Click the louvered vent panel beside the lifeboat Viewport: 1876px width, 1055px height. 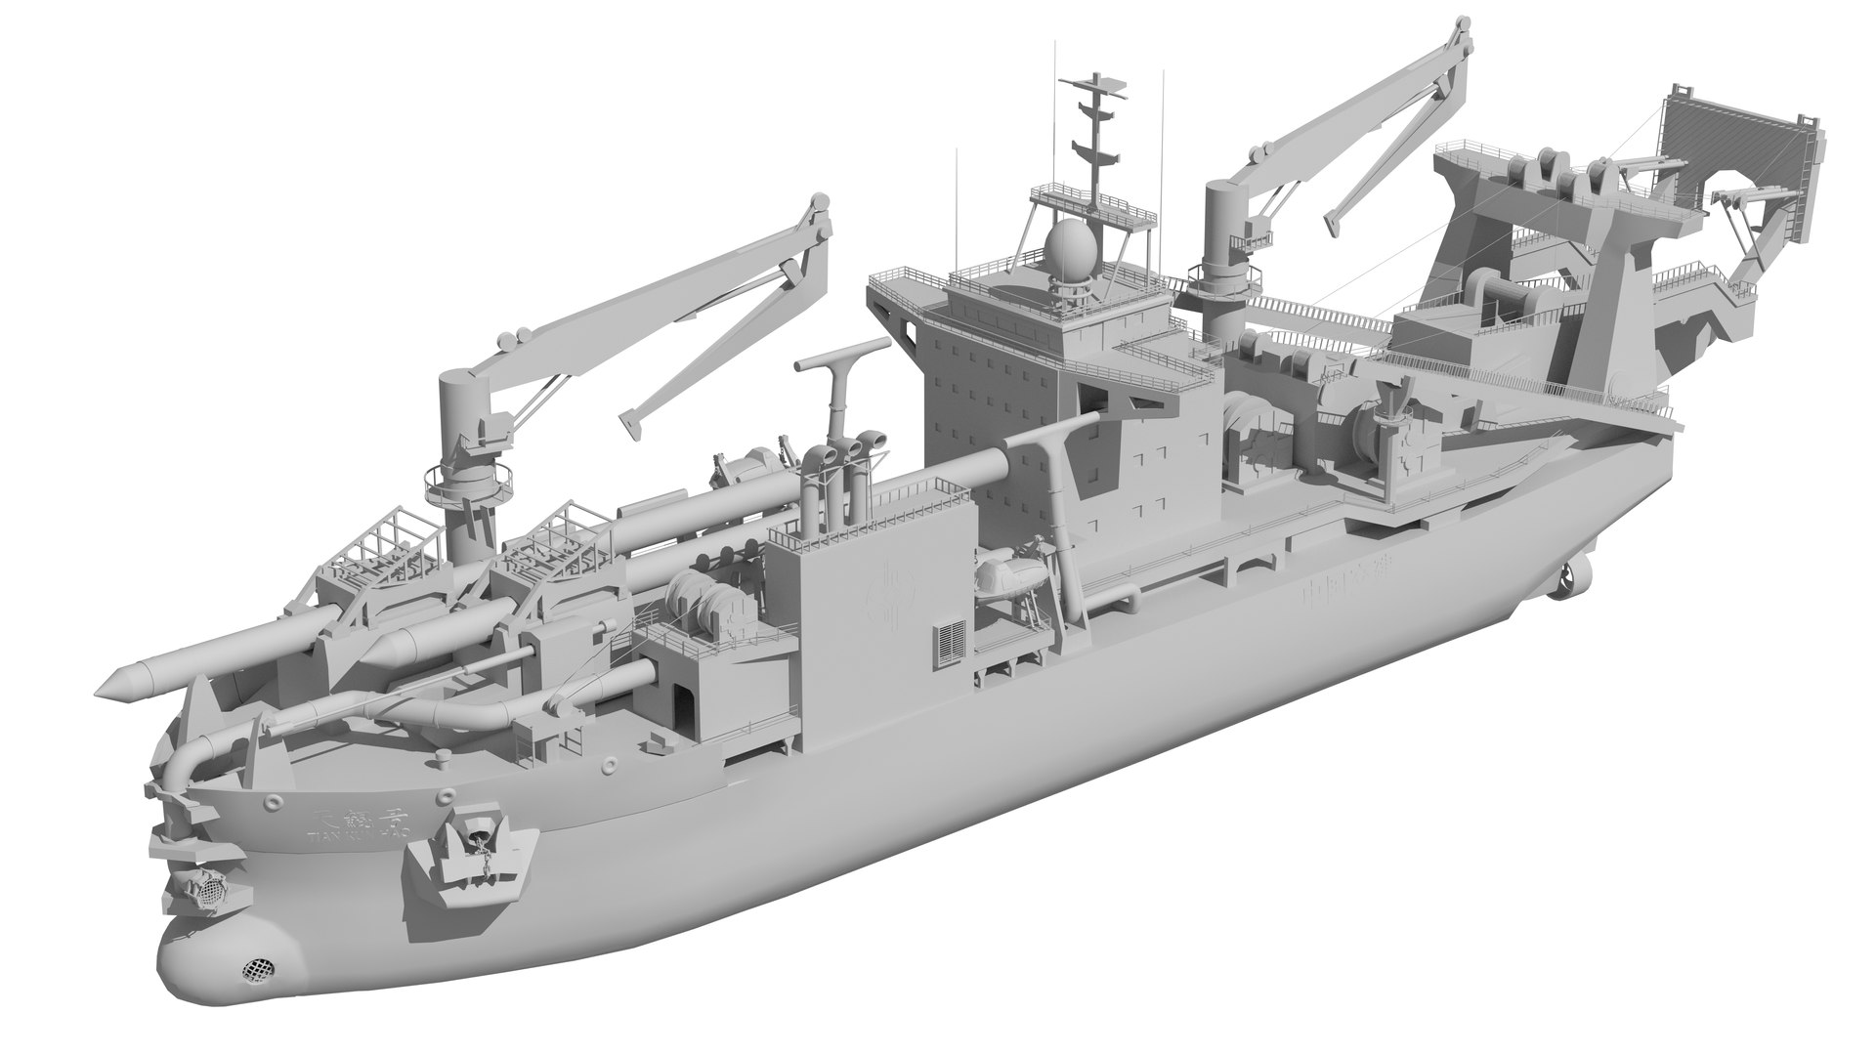tap(949, 646)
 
